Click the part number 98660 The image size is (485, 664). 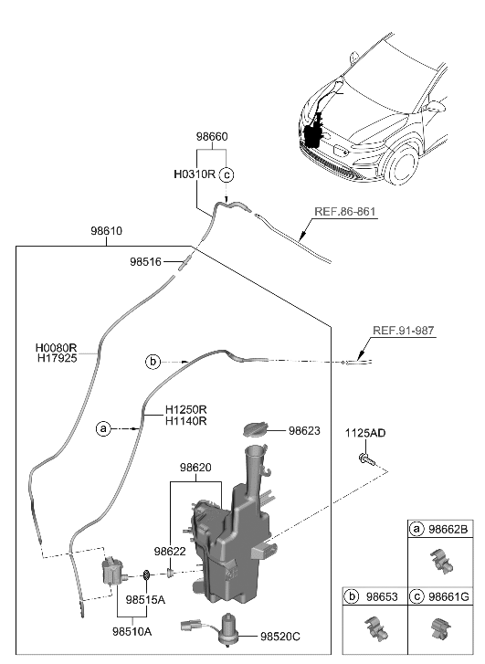pyautogui.click(x=212, y=136)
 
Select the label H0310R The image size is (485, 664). pyautogui.click(x=194, y=173)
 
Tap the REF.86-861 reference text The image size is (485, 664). pyautogui.click(x=345, y=212)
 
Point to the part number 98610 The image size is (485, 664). pyautogui.click(x=106, y=232)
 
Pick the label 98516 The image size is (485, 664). pyautogui.click(x=145, y=262)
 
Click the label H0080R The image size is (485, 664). pyautogui.click(x=57, y=348)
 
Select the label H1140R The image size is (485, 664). pyautogui.click(x=186, y=421)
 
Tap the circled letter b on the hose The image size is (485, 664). pyautogui.click(x=153, y=362)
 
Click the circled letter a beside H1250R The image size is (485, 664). pyautogui.click(x=103, y=427)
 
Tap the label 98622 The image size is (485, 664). pyautogui.click(x=170, y=551)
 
